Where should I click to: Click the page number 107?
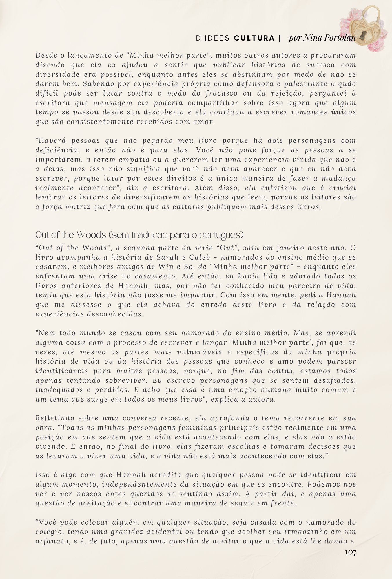tap(351, 552)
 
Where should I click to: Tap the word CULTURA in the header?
tap(254, 38)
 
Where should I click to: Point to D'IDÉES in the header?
tap(213, 38)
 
